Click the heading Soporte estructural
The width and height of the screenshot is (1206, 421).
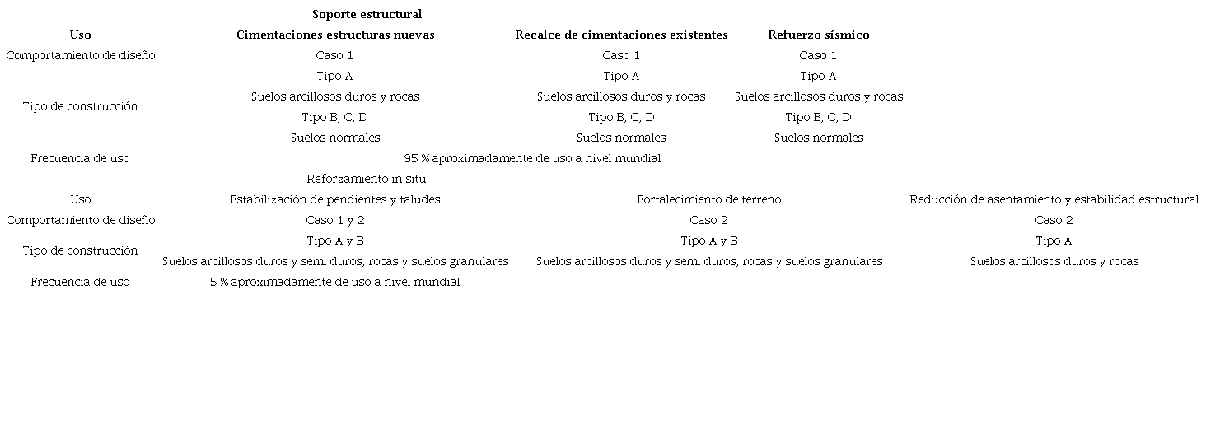pyautogui.click(x=367, y=14)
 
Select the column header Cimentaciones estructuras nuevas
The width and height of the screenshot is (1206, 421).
pyautogui.click(x=335, y=35)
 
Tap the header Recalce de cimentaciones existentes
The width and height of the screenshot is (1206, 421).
pyautogui.click(x=621, y=35)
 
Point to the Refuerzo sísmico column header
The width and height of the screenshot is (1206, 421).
pyautogui.click(x=818, y=35)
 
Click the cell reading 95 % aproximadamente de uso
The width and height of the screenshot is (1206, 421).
pyautogui.click(x=532, y=158)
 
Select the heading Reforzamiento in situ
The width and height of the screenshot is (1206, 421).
pyautogui.click(x=367, y=179)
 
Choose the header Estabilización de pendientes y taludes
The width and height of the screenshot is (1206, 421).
pyautogui.click(x=335, y=199)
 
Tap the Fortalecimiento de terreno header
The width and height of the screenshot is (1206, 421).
pyautogui.click(x=708, y=199)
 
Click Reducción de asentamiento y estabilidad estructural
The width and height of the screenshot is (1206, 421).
pyautogui.click(x=1054, y=199)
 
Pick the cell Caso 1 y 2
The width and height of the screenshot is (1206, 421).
pyautogui.click(x=335, y=220)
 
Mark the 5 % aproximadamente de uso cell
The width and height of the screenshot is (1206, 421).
pyautogui.click(x=335, y=282)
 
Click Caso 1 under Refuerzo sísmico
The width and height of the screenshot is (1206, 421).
pyautogui.click(x=818, y=55)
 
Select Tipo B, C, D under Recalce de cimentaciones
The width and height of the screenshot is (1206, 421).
pyautogui.click(x=621, y=117)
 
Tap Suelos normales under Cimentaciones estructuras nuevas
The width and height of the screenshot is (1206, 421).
pyautogui.click(x=335, y=138)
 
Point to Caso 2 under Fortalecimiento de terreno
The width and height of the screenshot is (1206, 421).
pyautogui.click(x=708, y=220)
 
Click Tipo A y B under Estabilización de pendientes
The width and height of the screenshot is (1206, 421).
pyautogui.click(x=335, y=241)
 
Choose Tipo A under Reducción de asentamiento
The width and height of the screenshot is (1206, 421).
pyautogui.click(x=1054, y=241)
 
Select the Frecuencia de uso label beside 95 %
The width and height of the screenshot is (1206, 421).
pyautogui.click(x=80, y=158)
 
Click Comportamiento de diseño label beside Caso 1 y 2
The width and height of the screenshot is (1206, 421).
pyautogui.click(x=80, y=220)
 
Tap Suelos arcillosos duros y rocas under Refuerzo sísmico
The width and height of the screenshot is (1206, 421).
pyautogui.click(x=818, y=96)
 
